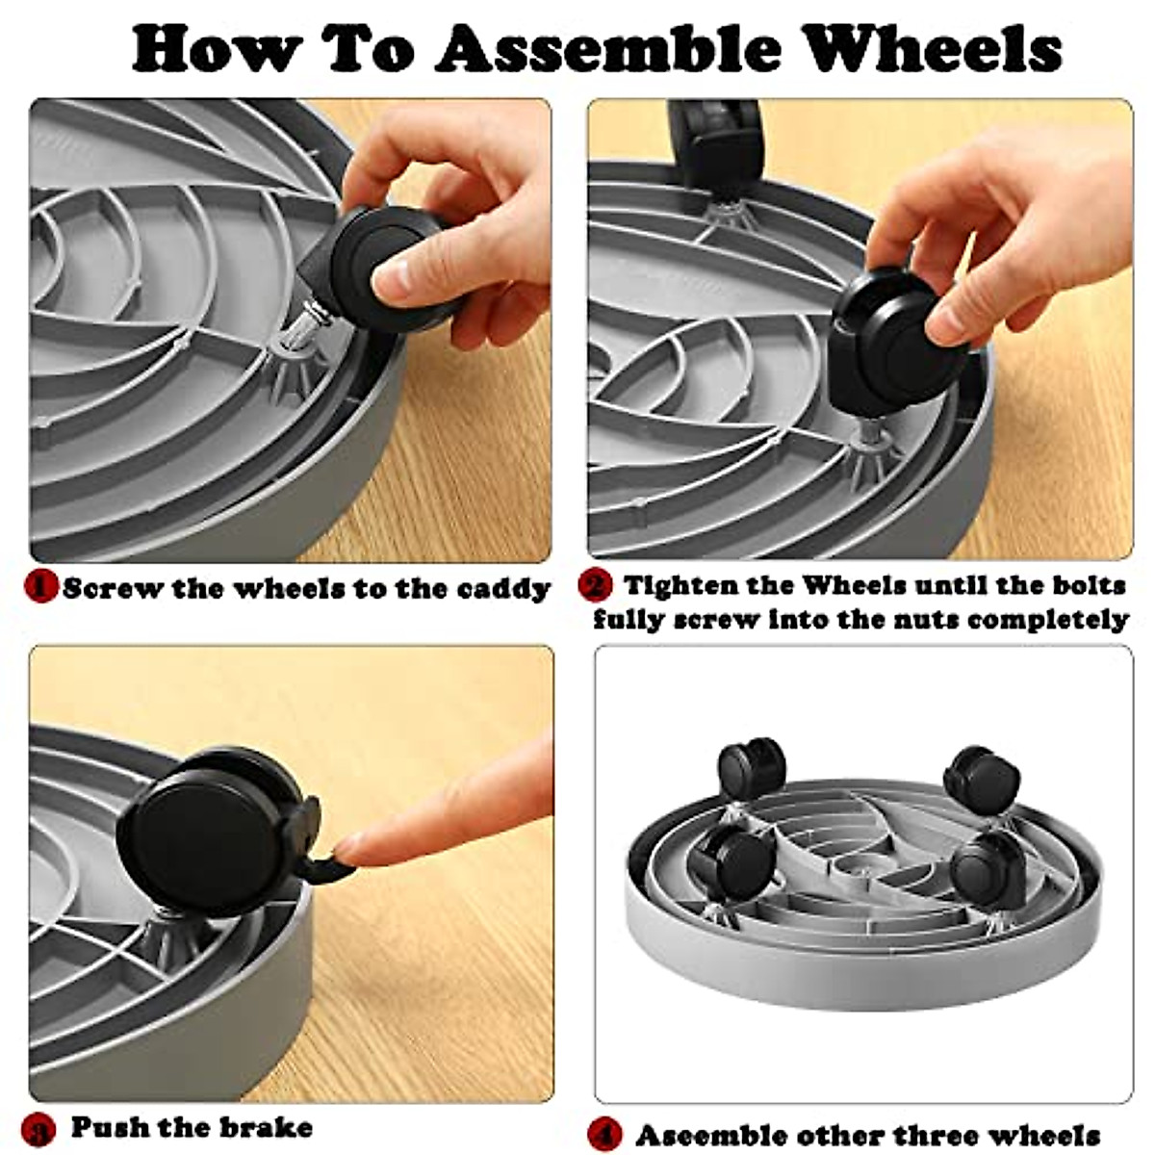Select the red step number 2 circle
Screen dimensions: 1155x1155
tap(596, 585)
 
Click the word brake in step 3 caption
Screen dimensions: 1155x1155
tap(264, 1126)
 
